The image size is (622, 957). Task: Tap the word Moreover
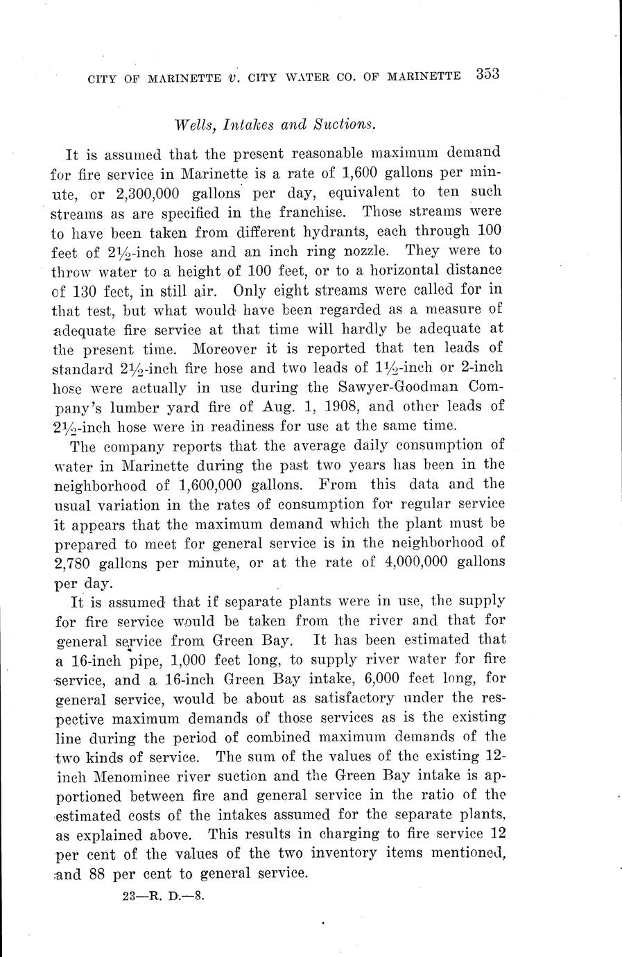pos(230,347)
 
